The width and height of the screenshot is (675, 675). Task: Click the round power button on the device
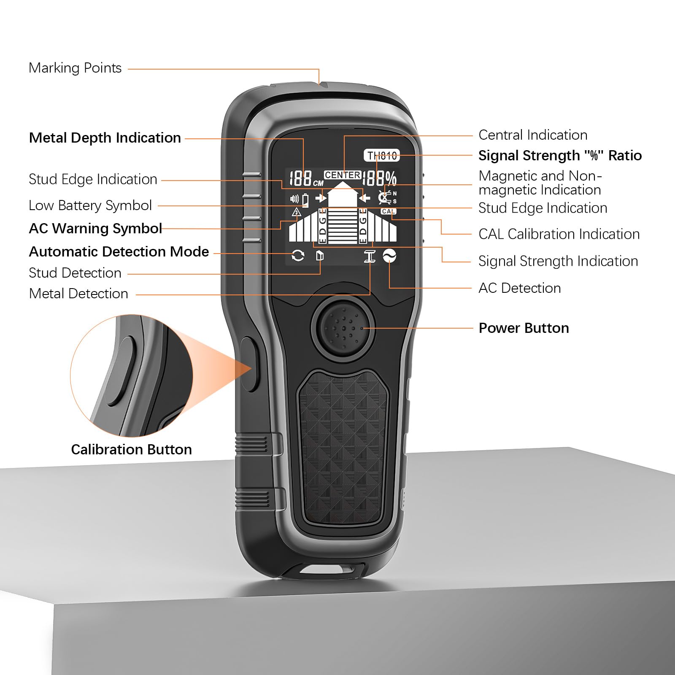tap(343, 327)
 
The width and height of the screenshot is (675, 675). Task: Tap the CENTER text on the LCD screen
tap(343, 175)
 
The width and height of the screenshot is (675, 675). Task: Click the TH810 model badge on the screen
tap(382, 156)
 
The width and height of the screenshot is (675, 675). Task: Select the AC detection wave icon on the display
tap(389, 255)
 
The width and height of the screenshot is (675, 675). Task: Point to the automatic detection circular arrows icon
tap(298, 255)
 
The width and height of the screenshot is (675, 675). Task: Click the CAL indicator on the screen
tap(388, 211)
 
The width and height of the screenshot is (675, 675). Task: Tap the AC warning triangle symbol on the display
tap(296, 212)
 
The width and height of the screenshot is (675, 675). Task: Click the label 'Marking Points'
tap(75, 68)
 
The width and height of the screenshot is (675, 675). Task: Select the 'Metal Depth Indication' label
tap(105, 138)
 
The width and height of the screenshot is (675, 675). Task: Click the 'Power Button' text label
tap(524, 328)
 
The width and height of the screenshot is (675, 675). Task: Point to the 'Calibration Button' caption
tap(131, 450)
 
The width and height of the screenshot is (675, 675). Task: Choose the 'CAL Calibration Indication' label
tap(559, 234)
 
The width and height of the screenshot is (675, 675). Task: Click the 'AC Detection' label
tap(520, 288)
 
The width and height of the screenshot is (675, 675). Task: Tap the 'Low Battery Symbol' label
tap(90, 205)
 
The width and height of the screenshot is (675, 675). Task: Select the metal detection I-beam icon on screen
tap(370, 256)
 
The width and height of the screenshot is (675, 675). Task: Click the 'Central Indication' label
tap(533, 135)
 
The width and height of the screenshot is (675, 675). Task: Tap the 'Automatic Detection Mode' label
tap(119, 252)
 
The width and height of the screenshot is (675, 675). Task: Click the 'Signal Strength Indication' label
tap(558, 261)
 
